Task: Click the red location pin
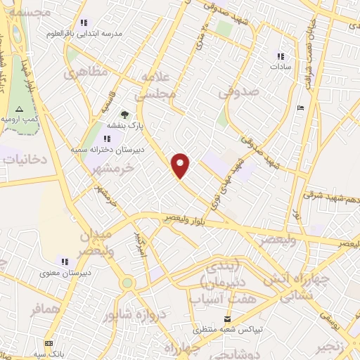(x=181, y=165)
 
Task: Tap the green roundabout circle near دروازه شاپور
(x=127, y=283)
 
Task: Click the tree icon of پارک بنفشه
(x=124, y=115)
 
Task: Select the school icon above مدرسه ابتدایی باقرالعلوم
(x=85, y=22)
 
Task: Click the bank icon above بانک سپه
(x=49, y=343)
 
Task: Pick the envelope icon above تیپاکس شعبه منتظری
(x=227, y=319)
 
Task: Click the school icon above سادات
(x=281, y=56)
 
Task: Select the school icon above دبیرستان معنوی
(x=66, y=262)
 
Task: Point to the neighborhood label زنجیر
(x=336, y=345)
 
